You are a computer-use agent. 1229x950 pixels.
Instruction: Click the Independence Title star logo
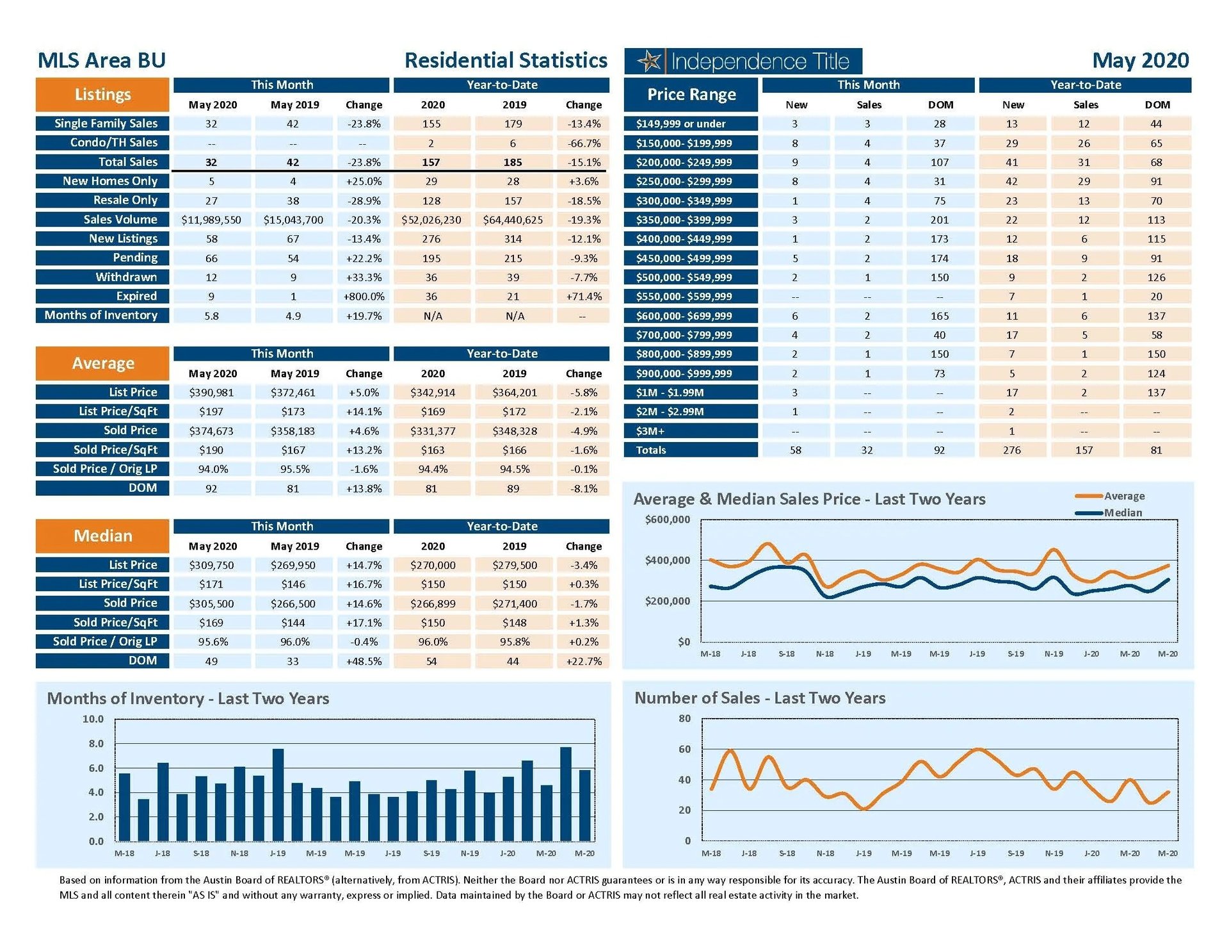[x=649, y=61]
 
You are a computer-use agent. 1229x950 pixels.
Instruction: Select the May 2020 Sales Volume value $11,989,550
[x=211, y=220]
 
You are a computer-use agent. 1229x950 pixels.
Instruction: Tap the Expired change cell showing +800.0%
[x=364, y=297]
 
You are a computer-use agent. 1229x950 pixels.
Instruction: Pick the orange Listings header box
[x=102, y=95]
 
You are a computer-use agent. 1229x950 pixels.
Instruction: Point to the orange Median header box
[x=102, y=536]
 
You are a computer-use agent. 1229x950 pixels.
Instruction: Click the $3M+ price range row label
[x=691, y=431]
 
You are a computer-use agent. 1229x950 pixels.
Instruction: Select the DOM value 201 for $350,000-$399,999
[x=940, y=220]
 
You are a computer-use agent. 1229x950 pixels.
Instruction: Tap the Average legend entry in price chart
[x=1123, y=496]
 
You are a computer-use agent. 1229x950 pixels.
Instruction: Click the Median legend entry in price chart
[x=1122, y=512]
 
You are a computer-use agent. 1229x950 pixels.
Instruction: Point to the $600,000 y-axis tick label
[x=668, y=520]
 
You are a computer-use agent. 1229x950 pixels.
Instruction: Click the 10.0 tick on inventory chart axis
[x=93, y=719]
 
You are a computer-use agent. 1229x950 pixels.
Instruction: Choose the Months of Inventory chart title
[x=188, y=698]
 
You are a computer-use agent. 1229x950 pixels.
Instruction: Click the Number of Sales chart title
[x=760, y=698]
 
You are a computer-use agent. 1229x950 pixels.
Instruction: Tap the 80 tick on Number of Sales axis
[x=685, y=719]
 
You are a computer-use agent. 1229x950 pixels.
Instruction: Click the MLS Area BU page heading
[x=102, y=61]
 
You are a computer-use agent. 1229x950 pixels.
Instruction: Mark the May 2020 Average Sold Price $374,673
[x=211, y=431]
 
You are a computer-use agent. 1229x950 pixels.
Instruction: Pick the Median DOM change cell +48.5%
[x=364, y=661]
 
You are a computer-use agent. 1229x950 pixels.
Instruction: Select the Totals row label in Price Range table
[x=691, y=450]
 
